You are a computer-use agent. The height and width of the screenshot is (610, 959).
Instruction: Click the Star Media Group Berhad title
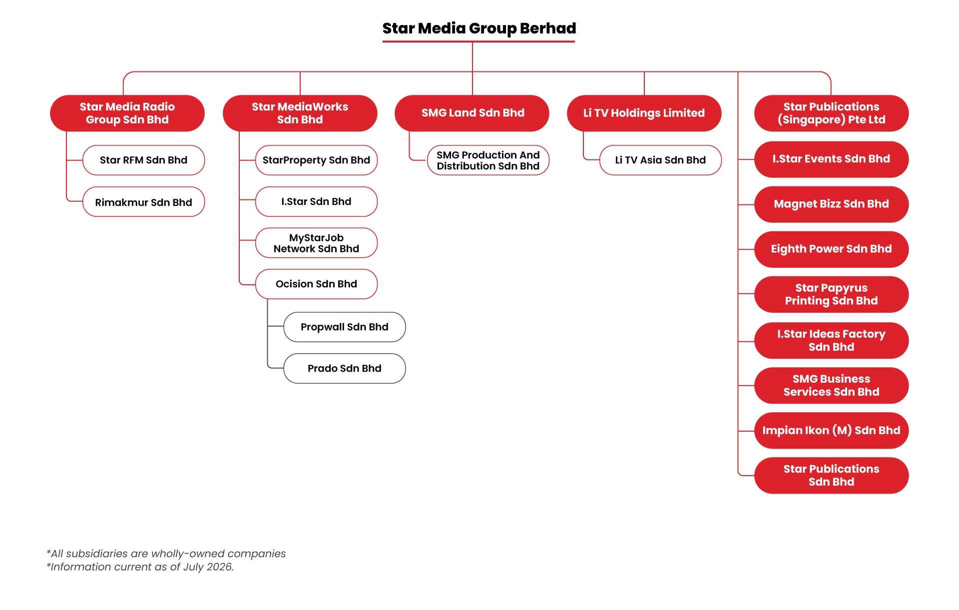[479, 28]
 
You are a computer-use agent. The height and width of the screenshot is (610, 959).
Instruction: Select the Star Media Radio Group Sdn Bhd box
[127, 113]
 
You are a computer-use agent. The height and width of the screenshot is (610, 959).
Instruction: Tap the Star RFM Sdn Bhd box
[144, 160]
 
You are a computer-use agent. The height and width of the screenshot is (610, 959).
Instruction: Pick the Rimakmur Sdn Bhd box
[144, 202]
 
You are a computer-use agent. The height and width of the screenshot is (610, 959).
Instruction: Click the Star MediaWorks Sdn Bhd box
[300, 113]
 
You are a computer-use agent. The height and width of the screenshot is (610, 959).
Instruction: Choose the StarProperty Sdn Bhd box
[316, 160]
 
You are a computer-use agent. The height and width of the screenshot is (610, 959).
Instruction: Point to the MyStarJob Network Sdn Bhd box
[316, 243]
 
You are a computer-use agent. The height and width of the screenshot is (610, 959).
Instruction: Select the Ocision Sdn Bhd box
[316, 284]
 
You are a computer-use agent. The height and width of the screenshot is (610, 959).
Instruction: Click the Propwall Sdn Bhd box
[345, 327]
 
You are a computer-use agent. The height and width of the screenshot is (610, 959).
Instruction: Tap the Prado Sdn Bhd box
[345, 369]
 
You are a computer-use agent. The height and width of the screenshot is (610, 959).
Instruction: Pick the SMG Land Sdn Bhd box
[472, 113]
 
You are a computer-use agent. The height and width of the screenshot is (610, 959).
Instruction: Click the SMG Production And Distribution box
[488, 160]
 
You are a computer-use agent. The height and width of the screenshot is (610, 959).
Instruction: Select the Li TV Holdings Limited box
[644, 113]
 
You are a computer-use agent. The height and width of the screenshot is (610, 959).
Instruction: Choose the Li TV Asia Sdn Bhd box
[660, 160]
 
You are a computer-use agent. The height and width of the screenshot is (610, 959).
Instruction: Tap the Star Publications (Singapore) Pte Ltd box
[832, 113]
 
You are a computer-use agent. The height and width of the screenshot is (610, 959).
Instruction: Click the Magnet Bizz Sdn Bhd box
[832, 204]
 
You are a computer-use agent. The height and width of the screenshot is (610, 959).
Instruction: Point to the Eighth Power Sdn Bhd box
[832, 249]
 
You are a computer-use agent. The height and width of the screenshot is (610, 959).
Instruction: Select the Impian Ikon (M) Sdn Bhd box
[832, 431]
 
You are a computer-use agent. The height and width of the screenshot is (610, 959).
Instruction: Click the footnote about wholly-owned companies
[166, 554]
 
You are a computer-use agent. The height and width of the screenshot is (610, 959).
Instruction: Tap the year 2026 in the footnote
[219, 567]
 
